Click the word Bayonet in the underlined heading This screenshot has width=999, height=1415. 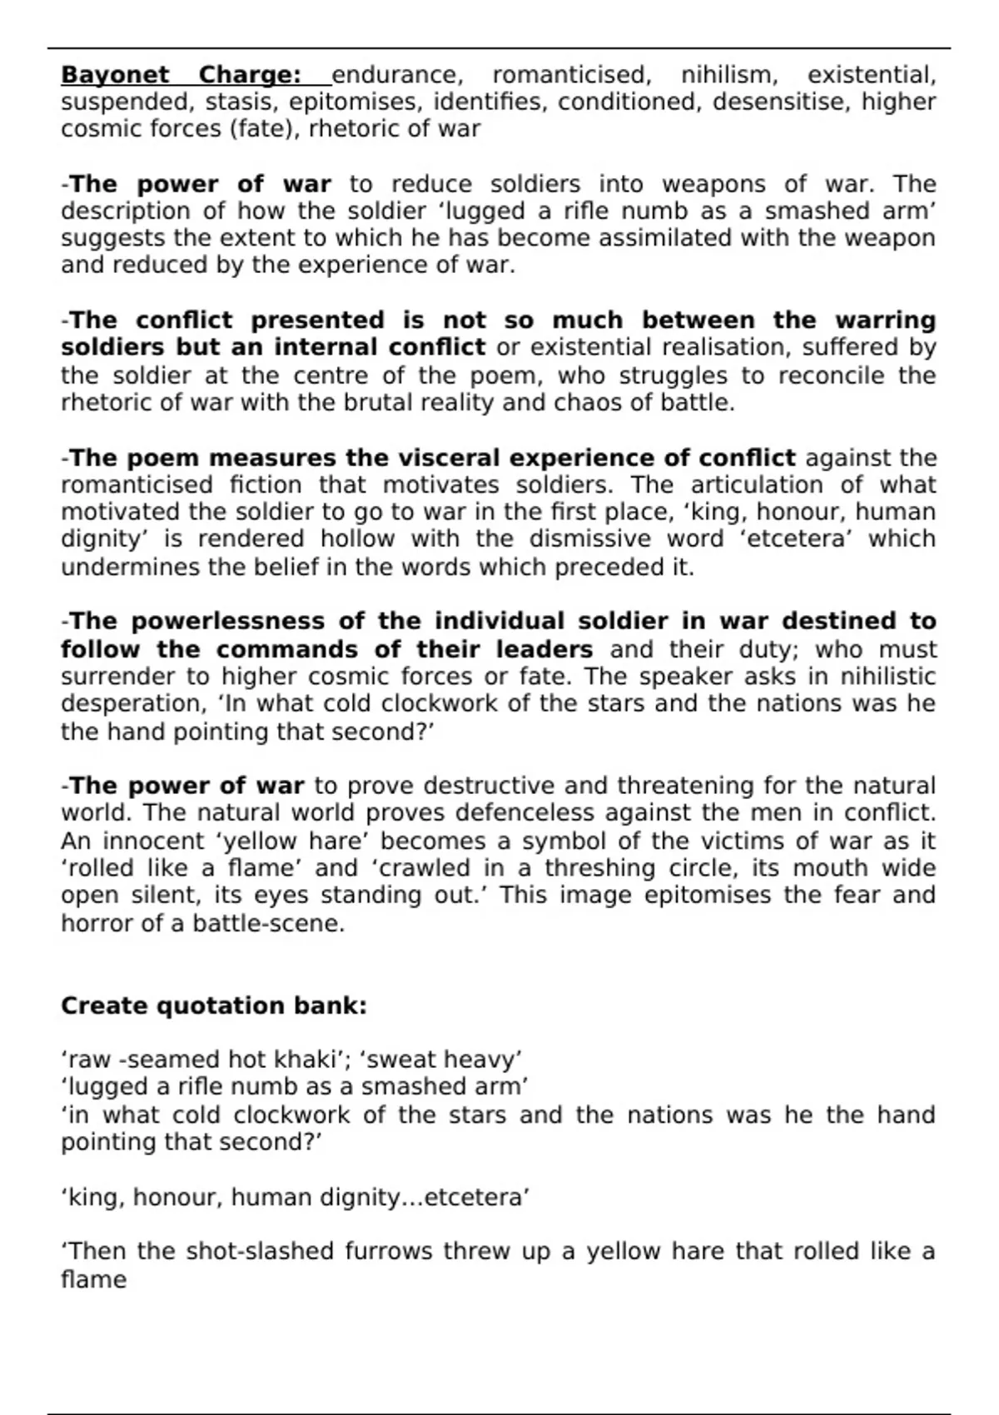coord(116,76)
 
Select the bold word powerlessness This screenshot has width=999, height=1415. coord(228,622)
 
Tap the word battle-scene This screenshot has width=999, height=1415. coord(268,923)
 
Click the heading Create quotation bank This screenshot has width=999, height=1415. coord(214,1005)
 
